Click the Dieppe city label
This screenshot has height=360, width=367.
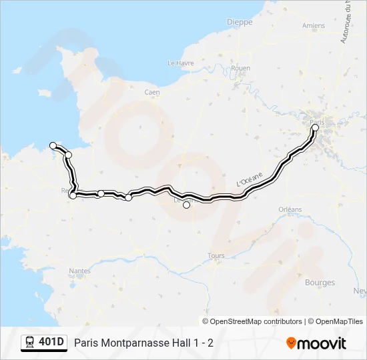coord(240,22)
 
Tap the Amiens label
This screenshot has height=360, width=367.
coord(313,26)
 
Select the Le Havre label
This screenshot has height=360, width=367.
coord(179,63)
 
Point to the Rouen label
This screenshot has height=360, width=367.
coord(240,68)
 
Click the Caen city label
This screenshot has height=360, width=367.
coord(152,92)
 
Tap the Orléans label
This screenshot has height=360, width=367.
coord(290,209)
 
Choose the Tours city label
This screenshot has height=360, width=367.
coord(216,255)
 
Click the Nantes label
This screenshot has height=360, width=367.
coord(80,271)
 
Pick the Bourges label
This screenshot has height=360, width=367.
coord(320,283)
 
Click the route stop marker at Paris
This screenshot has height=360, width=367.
coord(316,127)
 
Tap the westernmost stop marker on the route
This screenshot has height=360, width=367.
coord(53,145)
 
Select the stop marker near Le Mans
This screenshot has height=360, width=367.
coord(187,205)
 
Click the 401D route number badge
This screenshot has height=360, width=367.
coord(51,343)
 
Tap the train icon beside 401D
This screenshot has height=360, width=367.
coord(30,343)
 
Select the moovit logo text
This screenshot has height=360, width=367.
coord(322,343)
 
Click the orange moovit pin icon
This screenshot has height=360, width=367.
coord(291,343)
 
